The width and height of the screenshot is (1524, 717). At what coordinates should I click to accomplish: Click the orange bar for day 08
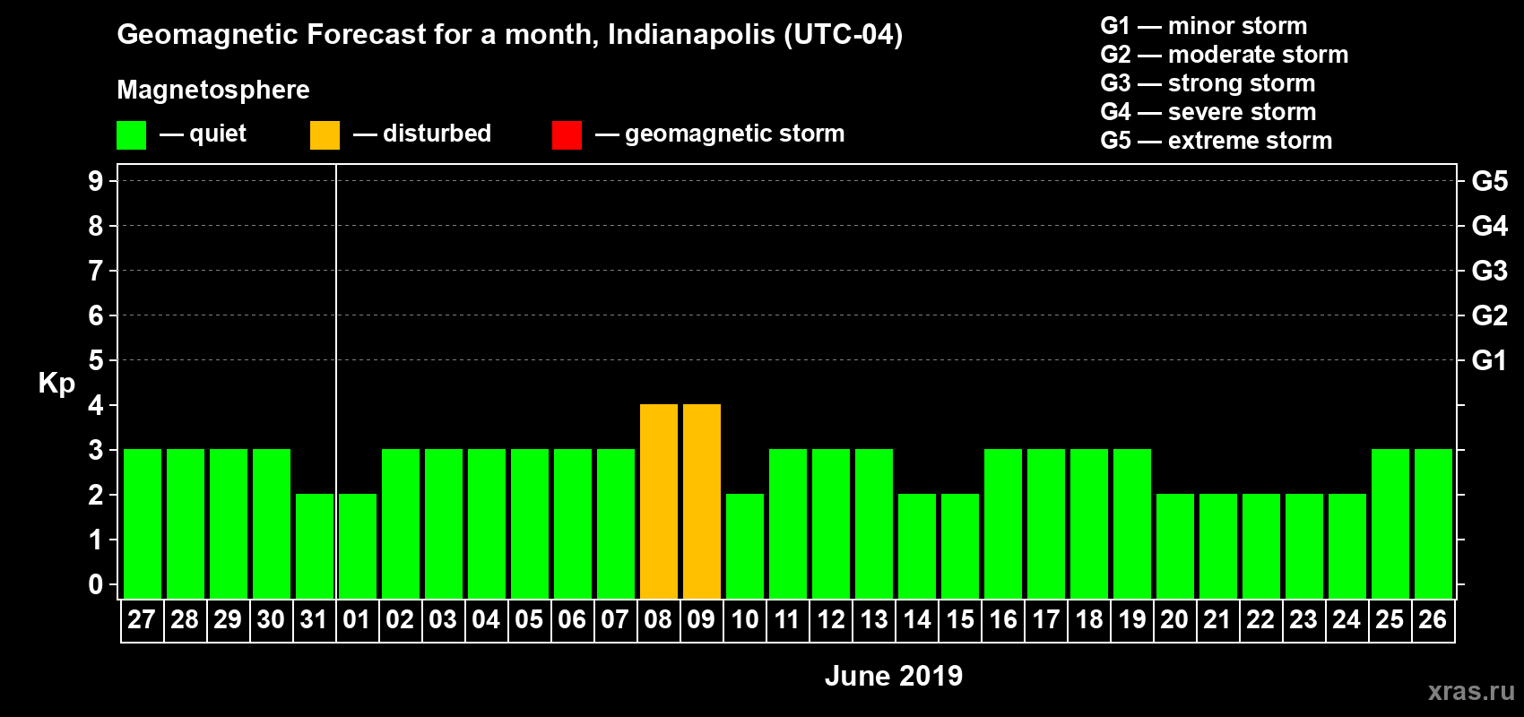(x=659, y=502)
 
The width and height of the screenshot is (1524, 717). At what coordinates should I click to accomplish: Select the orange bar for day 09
(x=702, y=502)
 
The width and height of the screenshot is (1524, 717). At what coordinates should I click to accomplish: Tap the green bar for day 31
(x=315, y=546)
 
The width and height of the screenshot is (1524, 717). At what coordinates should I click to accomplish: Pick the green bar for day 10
(x=745, y=546)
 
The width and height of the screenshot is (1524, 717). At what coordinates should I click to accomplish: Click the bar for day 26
(x=1433, y=524)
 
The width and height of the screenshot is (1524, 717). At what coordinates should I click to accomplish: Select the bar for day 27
(x=143, y=524)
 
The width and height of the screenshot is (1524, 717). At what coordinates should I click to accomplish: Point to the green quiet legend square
(x=131, y=135)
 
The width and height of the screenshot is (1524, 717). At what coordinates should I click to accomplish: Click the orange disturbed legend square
(x=325, y=135)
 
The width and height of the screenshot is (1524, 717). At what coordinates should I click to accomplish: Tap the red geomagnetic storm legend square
(x=567, y=135)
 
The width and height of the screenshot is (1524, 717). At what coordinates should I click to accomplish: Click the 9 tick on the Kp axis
(x=96, y=181)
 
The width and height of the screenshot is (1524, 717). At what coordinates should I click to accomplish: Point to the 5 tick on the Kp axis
(x=96, y=360)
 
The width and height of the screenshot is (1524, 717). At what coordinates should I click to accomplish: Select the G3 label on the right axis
(x=1489, y=271)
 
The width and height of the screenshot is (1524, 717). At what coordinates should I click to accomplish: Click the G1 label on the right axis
(x=1489, y=360)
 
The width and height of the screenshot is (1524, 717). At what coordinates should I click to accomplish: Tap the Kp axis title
(x=56, y=383)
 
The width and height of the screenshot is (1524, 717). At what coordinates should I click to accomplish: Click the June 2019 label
(x=893, y=676)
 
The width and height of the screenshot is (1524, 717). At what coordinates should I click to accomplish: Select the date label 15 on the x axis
(x=960, y=619)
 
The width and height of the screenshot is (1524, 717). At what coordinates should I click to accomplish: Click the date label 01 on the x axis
(x=357, y=619)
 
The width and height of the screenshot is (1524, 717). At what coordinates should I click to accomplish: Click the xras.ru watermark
(x=1471, y=691)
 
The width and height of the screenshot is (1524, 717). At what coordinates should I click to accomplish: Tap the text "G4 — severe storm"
(x=1208, y=112)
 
